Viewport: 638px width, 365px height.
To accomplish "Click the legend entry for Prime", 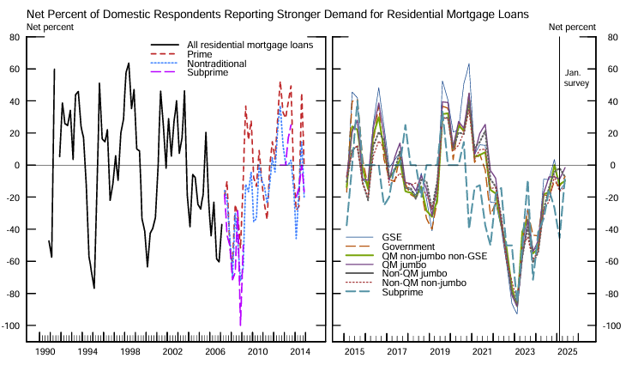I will click(200, 54).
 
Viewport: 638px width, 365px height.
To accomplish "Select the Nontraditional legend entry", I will click(216, 64).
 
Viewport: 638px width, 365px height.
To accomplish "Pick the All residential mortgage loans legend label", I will click(250, 45).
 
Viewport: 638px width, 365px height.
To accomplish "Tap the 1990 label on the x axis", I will click(45, 352).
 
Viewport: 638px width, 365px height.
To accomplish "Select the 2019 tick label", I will click(440, 352).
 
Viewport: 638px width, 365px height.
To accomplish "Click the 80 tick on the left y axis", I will click(15, 37).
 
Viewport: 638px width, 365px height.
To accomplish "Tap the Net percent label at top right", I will click(572, 27).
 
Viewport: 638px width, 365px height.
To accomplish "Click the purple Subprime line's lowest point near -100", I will click(240, 325).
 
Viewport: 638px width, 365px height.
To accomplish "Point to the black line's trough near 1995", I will click(93, 288).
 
